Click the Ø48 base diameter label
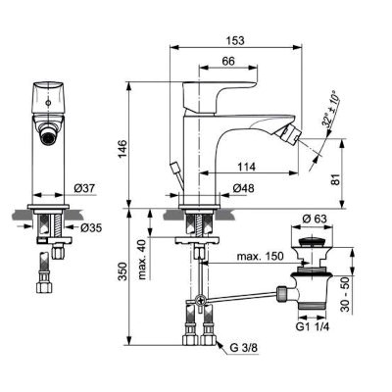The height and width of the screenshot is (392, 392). (245, 187)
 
